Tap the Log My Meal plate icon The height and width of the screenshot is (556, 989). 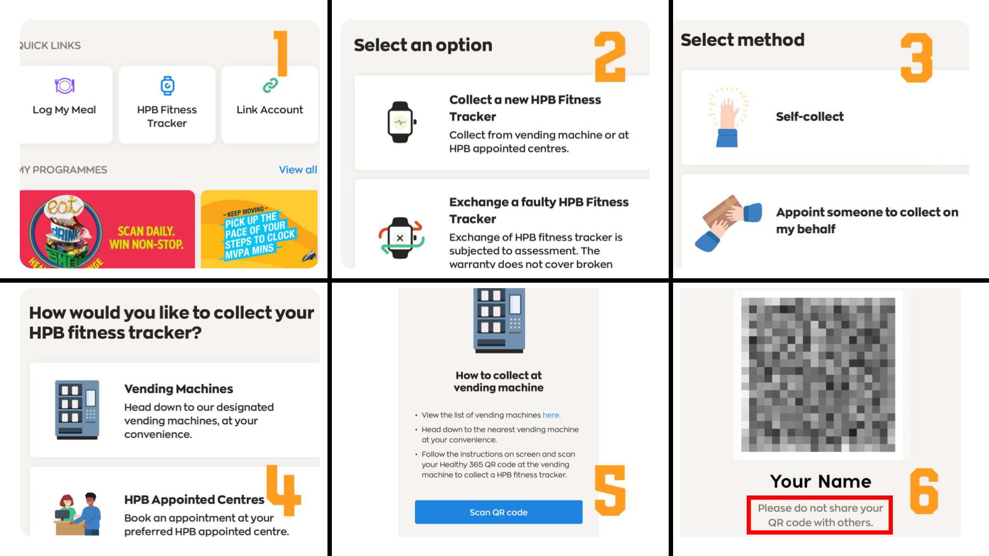click(x=64, y=86)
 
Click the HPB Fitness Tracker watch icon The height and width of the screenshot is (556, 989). click(x=167, y=86)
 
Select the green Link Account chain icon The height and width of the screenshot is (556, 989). click(x=270, y=85)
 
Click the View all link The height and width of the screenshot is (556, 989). click(x=298, y=169)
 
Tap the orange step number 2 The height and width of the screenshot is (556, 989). click(x=610, y=57)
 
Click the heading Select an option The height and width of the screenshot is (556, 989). click(x=423, y=45)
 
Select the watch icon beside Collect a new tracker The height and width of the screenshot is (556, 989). click(x=401, y=122)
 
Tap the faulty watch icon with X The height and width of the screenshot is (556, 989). click(x=401, y=238)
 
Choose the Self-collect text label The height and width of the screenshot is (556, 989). click(x=809, y=117)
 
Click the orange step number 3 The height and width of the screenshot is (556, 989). click(x=916, y=58)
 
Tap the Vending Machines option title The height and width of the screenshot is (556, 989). click(x=179, y=389)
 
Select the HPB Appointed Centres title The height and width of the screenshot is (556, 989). click(x=194, y=499)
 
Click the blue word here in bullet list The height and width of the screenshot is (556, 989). click(x=551, y=415)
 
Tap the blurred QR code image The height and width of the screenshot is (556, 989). click(x=818, y=375)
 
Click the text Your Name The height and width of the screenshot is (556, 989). click(x=820, y=481)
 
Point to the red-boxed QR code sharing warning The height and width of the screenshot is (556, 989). click(x=820, y=515)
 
